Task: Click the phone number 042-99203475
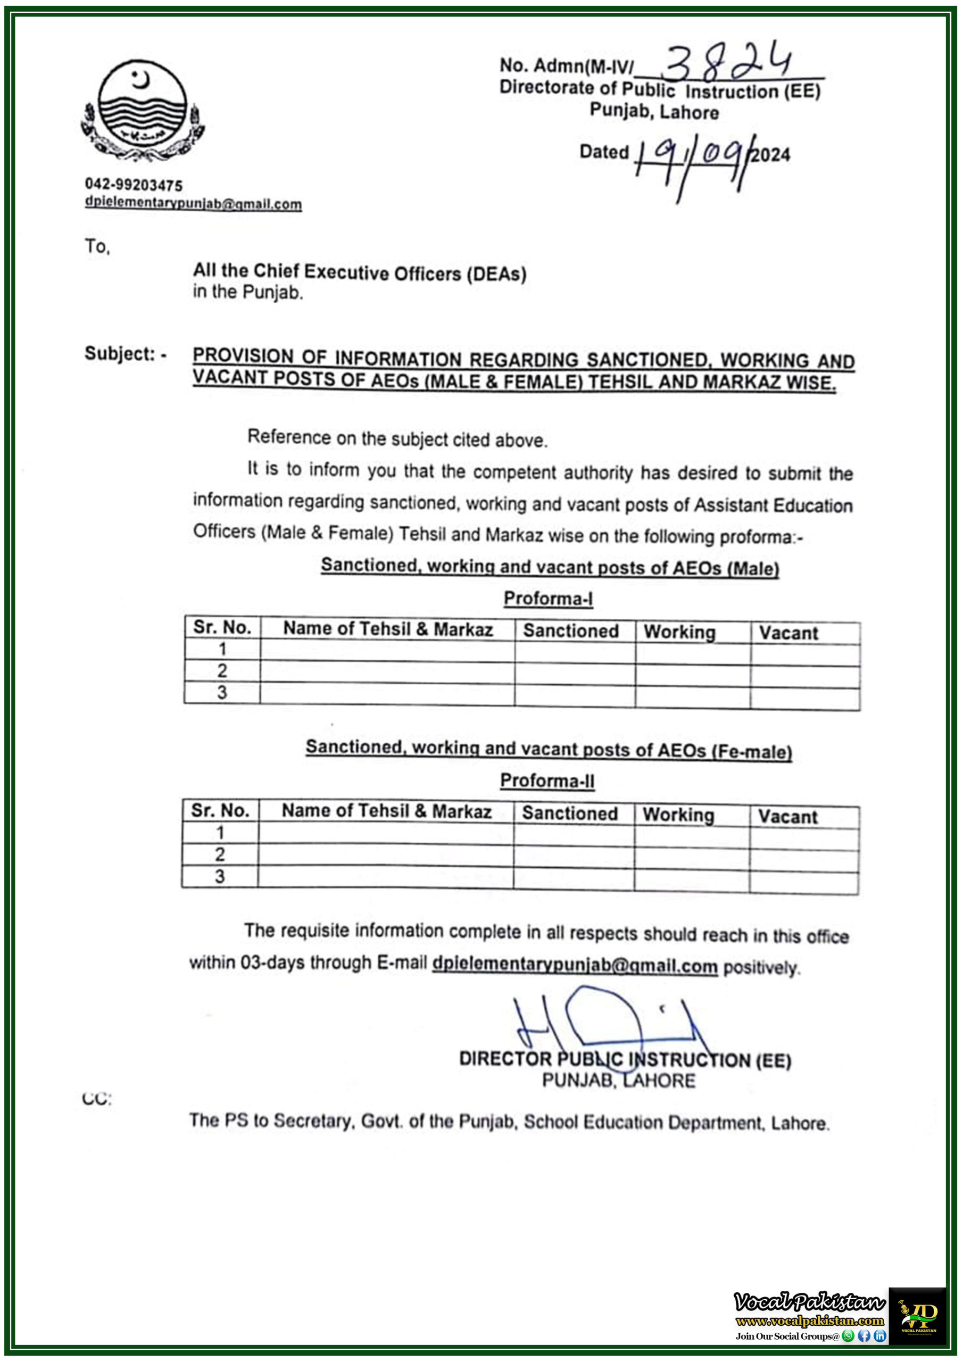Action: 134,185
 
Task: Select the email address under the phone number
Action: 193,203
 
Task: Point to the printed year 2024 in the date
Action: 770,155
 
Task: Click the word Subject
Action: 119,354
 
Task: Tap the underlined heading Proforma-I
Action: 547,599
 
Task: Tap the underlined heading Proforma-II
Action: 547,780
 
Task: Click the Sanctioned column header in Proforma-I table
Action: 570,630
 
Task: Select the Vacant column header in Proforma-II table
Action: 787,817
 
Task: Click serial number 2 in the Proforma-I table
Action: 222,671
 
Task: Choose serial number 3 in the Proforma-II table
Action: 220,876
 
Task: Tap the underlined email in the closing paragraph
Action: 575,965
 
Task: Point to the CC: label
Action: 97,1099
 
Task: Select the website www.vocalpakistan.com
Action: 809,1321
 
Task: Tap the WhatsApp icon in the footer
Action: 848,1336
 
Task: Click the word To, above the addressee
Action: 97,246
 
